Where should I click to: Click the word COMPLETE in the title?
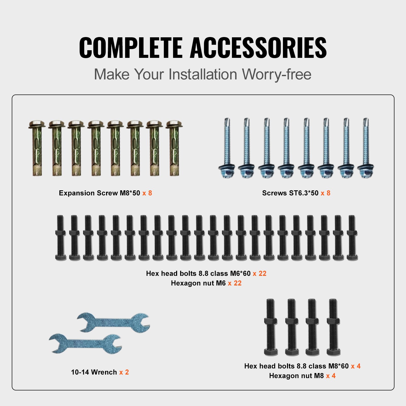click(131, 47)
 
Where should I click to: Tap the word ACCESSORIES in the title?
click(258, 47)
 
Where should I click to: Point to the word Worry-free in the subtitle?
click(277, 75)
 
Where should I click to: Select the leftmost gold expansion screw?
click(37, 148)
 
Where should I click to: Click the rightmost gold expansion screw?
click(174, 148)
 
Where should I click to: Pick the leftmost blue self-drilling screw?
click(227, 148)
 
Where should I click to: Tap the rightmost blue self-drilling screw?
click(366, 148)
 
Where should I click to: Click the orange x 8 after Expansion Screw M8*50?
click(147, 193)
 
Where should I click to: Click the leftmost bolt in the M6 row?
click(60, 238)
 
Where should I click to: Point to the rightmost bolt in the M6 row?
click(352, 238)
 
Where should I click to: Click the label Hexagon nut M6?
click(198, 283)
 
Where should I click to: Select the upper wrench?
click(113, 322)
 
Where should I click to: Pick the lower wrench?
click(85, 343)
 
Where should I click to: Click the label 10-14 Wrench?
click(94, 372)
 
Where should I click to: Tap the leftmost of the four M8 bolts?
click(271, 327)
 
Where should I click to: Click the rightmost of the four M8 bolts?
click(333, 327)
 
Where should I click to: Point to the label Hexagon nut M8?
click(296, 376)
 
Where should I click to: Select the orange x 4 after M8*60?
click(356, 366)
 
